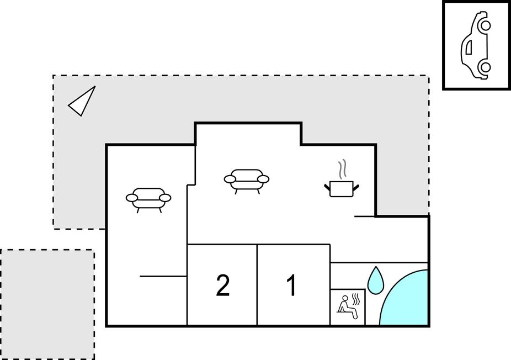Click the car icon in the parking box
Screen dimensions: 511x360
tap(475, 46)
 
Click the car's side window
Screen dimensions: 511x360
tap(469, 47)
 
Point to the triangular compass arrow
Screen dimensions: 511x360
tap(82, 101)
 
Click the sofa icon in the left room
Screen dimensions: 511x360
tap(148, 199)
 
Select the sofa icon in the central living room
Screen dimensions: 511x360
tap(246, 181)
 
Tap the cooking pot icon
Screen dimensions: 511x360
tap(342, 189)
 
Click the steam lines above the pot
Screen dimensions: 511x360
tap(342, 170)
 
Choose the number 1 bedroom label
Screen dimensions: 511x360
tap(292, 285)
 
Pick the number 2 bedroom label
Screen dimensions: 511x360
tap(222, 285)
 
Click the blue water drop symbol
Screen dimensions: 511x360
tap(376, 280)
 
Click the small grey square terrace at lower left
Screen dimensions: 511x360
tap(47, 304)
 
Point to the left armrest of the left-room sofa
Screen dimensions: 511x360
tap(131, 198)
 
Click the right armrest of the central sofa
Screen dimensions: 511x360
tap(263, 179)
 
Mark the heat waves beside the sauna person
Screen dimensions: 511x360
tap(356, 300)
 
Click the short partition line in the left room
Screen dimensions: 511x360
tap(163, 277)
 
